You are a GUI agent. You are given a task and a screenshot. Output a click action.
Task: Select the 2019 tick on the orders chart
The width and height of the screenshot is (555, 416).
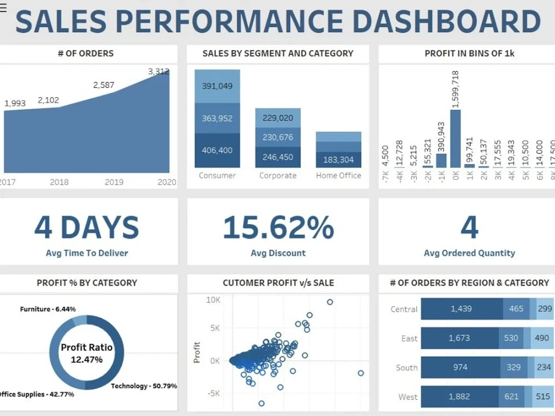pyautogui.click(x=114, y=182)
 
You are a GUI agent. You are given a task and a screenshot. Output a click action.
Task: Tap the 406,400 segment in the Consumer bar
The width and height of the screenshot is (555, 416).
pyautogui.click(x=218, y=150)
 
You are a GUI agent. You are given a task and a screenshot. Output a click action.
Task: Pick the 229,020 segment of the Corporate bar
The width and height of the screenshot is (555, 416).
pyautogui.click(x=277, y=118)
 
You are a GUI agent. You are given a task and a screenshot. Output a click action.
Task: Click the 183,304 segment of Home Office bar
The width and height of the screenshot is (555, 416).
pyautogui.click(x=339, y=160)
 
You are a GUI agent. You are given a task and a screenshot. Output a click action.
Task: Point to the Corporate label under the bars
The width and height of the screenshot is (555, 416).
pyautogui.click(x=277, y=175)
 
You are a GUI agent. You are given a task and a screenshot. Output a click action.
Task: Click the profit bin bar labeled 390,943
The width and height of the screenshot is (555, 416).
pyautogui.click(x=441, y=160)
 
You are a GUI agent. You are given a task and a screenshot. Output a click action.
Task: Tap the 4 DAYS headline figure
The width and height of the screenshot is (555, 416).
pyautogui.click(x=87, y=227)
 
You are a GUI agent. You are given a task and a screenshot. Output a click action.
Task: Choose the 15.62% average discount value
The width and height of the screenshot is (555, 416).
pyautogui.click(x=278, y=227)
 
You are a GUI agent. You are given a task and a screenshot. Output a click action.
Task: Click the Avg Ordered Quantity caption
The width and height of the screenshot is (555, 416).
pyautogui.click(x=470, y=253)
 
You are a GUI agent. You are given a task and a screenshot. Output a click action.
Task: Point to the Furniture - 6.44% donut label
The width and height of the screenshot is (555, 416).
pyautogui.click(x=48, y=309)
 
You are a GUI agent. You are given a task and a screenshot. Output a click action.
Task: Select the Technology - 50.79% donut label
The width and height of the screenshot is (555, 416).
pyautogui.click(x=144, y=385)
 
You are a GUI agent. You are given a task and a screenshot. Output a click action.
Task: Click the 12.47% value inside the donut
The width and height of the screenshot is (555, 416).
pyautogui.click(x=87, y=359)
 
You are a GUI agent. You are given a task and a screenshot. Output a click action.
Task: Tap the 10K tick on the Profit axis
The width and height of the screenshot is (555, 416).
pyautogui.click(x=213, y=300)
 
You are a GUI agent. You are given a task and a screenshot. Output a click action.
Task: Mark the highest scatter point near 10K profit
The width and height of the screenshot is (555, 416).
pyautogui.click(x=330, y=302)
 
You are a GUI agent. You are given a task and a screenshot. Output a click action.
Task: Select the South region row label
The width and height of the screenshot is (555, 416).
pyautogui.click(x=407, y=367)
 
